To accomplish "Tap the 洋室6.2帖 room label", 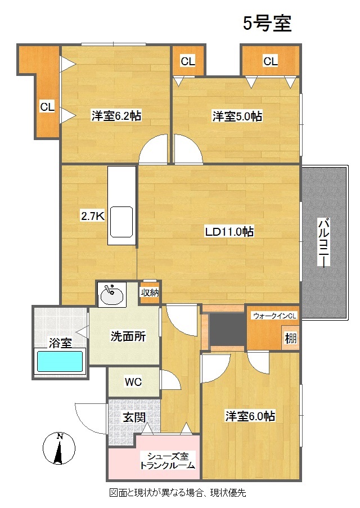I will pyautogui.click(x=116, y=116).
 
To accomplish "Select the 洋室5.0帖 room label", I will pyautogui.click(x=237, y=116).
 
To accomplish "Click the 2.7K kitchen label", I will pyautogui.click(x=93, y=215).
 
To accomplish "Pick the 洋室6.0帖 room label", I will pyautogui.click(x=250, y=416).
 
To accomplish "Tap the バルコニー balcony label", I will pyautogui.click(x=323, y=242).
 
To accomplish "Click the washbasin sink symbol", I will pyautogui.click(x=111, y=293).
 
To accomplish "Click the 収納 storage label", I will pyautogui.click(x=150, y=292).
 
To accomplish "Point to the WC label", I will pyautogui.click(x=133, y=383).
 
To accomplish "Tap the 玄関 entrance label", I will pyautogui.click(x=134, y=417).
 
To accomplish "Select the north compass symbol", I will pyautogui.click(x=59, y=448).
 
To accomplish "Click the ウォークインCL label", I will pyautogui.click(x=274, y=316).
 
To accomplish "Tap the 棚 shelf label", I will pyautogui.click(x=290, y=339).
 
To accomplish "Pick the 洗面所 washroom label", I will pyautogui.click(x=128, y=337).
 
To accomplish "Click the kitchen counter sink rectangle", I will pyautogui.click(x=121, y=222).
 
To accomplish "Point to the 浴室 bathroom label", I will pyautogui.click(x=60, y=343).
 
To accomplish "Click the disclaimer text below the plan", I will pyautogui.click(x=178, y=493).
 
